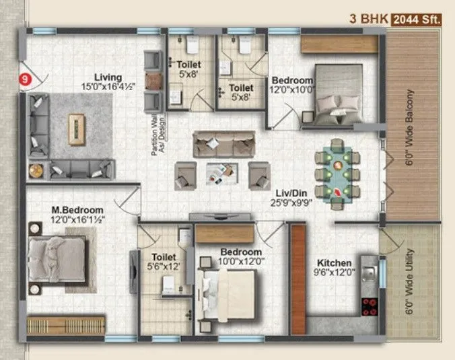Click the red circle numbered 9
(x=26, y=79)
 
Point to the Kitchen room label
(x=334, y=263)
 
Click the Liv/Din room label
(x=290, y=191)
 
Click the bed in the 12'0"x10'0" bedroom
(x=340, y=95)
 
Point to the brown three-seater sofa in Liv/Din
(x=219, y=143)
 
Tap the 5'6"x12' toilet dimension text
(x=164, y=266)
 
